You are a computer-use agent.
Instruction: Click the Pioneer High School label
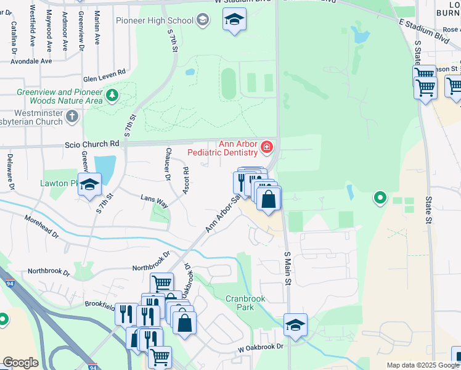click(155, 20)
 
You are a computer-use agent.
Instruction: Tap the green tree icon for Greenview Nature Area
click(112, 94)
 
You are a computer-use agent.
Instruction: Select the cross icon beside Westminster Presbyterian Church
click(72, 115)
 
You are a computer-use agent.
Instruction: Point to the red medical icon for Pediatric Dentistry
click(266, 147)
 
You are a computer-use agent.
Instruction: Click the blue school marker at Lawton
click(89, 185)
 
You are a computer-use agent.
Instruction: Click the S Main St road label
click(287, 266)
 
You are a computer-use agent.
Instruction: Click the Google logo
click(20, 363)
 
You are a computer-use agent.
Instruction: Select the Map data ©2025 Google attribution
click(423, 365)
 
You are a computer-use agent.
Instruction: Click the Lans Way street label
click(154, 202)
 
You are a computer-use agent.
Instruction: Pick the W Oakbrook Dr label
click(261, 348)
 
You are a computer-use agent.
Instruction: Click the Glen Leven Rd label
click(104, 75)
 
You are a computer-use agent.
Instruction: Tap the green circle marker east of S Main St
click(380, 198)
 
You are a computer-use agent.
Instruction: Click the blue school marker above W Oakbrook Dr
click(295, 324)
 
